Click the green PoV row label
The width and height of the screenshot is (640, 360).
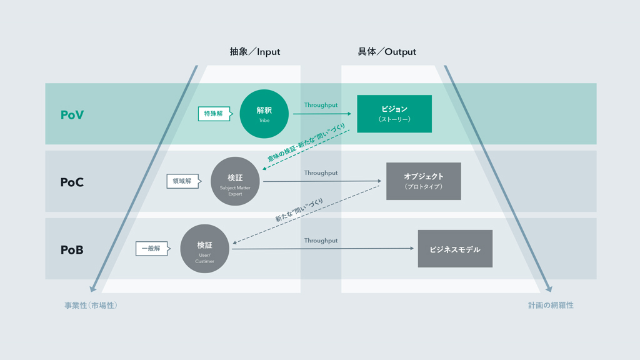pos(72,115)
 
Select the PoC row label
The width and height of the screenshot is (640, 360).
pos(72,182)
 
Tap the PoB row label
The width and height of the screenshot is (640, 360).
pos(72,250)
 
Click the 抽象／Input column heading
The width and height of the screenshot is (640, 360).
pos(255,52)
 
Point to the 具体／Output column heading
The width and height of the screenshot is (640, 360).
pos(387,52)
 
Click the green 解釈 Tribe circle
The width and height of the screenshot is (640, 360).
pos(264,114)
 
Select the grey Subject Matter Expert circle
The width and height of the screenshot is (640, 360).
pos(235,181)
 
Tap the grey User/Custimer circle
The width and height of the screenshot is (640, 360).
pos(204,249)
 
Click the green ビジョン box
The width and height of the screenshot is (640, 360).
pos(394,114)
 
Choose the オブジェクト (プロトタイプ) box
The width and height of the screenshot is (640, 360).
pos(424,181)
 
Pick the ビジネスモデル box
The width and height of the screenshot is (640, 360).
pos(455,249)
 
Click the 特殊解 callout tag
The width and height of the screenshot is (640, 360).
pos(215,114)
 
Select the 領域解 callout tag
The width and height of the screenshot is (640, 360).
pos(184,181)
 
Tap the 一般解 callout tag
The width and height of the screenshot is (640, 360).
pos(152,249)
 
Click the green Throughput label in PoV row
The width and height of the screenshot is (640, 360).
pos(321,105)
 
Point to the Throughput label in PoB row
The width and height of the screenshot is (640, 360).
pos(321,241)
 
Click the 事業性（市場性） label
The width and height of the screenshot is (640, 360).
pos(91,305)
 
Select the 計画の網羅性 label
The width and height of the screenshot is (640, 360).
pos(551,305)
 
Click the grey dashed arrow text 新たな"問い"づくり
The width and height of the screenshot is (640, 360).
pos(299,210)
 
